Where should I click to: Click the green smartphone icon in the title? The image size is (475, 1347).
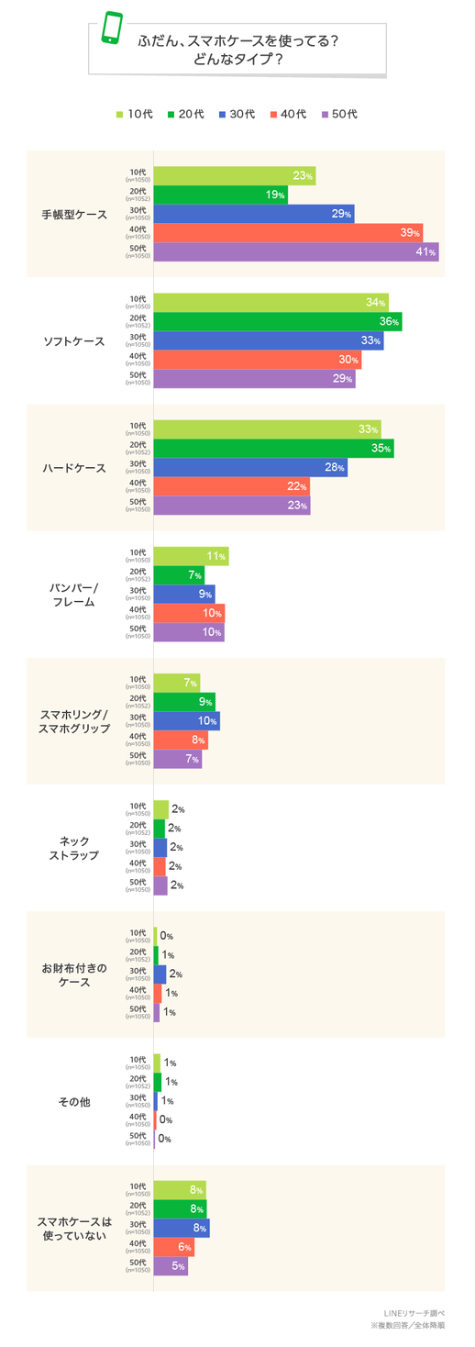pyautogui.click(x=111, y=28)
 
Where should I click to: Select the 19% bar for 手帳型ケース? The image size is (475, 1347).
pyautogui.click(x=220, y=195)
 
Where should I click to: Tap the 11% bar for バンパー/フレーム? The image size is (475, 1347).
pyautogui.click(x=191, y=556)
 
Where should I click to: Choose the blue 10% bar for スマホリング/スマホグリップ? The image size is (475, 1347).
pyautogui.click(x=186, y=721)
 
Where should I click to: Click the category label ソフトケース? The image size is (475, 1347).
pyautogui.click(x=74, y=341)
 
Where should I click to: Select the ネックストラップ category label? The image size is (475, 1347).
pyautogui.click(x=74, y=848)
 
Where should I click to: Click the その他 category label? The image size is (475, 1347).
pyautogui.click(x=74, y=1101)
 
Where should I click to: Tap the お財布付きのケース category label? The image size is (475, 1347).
pyautogui.click(x=74, y=974)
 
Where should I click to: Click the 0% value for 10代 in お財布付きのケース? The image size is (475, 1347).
pyautogui.click(x=166, y=936)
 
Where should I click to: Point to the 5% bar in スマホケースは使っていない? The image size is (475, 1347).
pyautogui.click(x=171, y=1266)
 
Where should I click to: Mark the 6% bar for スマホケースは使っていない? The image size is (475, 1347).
pyautogui.click(x=173, y=1247)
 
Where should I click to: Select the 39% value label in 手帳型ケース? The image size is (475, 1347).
pyautogui.click(x=410, y=233)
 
